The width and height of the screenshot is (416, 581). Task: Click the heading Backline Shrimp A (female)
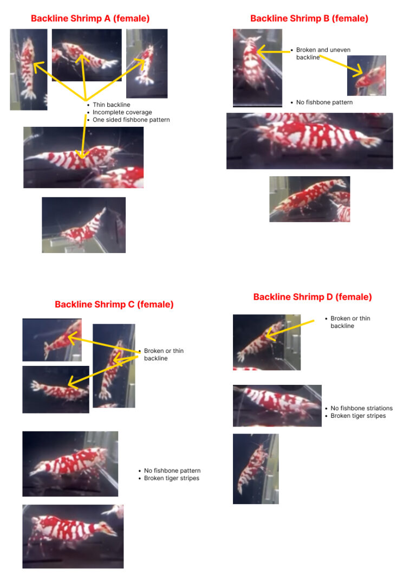pyautogui.click(x=90, y=18)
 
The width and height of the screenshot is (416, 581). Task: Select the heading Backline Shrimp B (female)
pyautogui.click(x=309, y=18)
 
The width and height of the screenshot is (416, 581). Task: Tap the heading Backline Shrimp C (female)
pyautogui.click(x=114, y=305)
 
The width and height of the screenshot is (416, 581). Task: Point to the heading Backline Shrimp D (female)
pyautogui.click(x=313, y=297)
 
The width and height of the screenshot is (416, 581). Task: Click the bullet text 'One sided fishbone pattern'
pyautogui.click(x=131, y=120)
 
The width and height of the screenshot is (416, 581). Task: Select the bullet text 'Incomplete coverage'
pyautogui.click(x=122, y=112)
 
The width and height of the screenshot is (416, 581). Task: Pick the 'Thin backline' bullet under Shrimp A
pyautogui.click(x=111, y=105)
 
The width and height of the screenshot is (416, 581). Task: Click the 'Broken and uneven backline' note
pyautogui.click(x=323, y=53)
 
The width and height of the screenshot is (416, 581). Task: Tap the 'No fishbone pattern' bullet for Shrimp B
pyautogui.click(x=324, y=102)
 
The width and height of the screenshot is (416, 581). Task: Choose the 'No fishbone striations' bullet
pyautogui.click(x=361, y=408)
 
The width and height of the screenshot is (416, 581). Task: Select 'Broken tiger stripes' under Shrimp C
pyautogui.click(x=171, y=478)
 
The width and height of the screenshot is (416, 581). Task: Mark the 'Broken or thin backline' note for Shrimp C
pyautogui.click(x=164, y=354)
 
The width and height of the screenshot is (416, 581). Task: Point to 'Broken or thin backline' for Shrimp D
pyautogui.click(x=350, y=322)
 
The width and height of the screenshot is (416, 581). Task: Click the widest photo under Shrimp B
pyautogui.click(x=309, y=141)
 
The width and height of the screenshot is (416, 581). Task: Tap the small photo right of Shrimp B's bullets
pyautogui.click(x=366, y=75)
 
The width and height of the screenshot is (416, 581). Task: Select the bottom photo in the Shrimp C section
pyautogui.click(x=73, y=536)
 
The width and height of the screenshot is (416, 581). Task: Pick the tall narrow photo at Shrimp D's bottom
pyautogui.click(x=256, y=468)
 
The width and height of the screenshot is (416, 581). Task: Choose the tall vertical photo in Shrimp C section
pyautogui.click(x=114, y=366)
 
